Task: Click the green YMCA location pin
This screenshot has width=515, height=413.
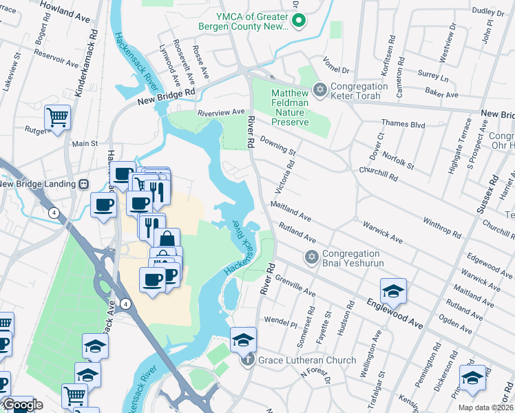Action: pyautogui.click(x=299, y=21)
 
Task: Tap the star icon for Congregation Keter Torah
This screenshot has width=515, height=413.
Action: pyautogui.click(x=319, y=90)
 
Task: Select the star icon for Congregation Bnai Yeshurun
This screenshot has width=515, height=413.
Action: pyautogui.click(x=311, y=257)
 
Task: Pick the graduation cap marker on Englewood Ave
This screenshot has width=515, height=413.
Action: pyautogui.click(x=393, y=291)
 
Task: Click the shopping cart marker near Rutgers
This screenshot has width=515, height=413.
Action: pyautogui.click(x=57, y=117)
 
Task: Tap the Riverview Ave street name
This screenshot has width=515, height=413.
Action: pyautogui.click(x=221, y=112)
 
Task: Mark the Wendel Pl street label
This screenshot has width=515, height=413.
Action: pyautogui.click(x=280, y=321)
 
